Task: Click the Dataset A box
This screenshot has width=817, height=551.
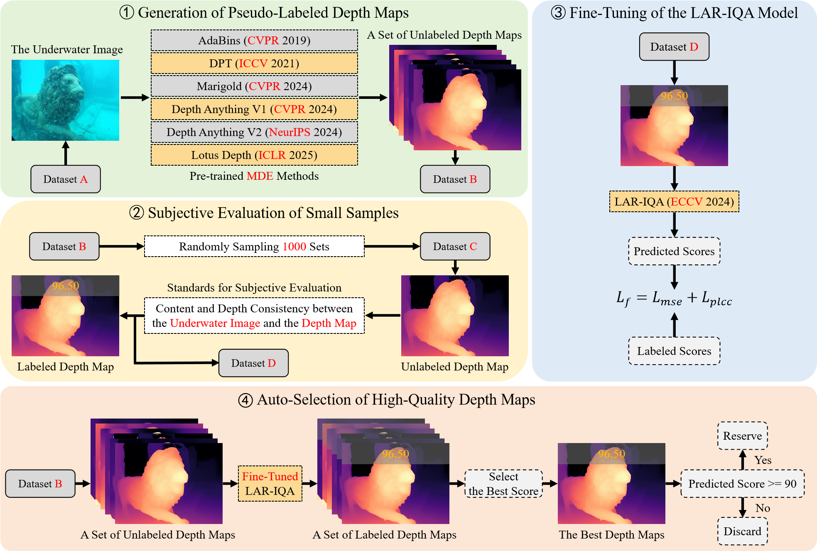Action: tap(66, 179)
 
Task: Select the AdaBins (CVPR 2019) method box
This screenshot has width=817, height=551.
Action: tap(254, 40)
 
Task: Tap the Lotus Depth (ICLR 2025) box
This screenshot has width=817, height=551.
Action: tap(254, 155)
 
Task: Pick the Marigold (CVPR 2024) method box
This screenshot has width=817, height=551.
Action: tap(254, 86)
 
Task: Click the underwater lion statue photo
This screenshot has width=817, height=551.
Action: tap(65, 100)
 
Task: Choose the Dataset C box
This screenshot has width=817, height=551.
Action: tap(455, 246)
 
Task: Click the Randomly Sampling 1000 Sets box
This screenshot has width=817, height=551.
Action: tap(254, 246)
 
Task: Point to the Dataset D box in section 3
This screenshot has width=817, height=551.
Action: tap(674, 47)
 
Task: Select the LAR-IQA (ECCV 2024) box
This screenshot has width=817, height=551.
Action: tap(674, 202)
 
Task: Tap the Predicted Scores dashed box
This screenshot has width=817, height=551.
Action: tap(674, 251)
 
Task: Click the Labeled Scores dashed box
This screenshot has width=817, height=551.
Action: tap(674, 351)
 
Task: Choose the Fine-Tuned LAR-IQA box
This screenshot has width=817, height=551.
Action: tap(270, 484)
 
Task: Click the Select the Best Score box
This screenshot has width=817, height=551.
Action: tap(503, 484)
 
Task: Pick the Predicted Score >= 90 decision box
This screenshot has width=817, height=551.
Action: tap(742, 484)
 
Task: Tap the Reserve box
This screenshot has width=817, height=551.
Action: tap(742, 436)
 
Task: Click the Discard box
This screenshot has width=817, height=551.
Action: tap(742, 531)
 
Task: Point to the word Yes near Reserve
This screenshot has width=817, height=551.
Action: tap(763, 460)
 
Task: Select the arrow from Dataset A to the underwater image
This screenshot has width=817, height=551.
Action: tap(66, 153)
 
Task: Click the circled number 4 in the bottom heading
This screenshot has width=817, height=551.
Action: tap(245, 400)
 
